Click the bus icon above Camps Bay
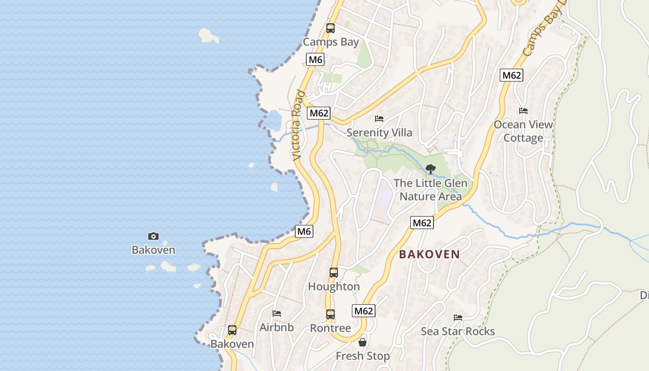coord(330,28)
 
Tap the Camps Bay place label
coord(331,42)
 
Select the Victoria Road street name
coord(298,126)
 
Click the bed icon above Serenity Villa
coord(379,119)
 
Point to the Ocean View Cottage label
coord(523,131)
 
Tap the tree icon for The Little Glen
coord(430,169)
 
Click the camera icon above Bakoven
coord(153,237)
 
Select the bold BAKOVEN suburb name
coord(429,255)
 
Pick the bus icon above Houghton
coord(333,273)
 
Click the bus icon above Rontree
coord(330,314)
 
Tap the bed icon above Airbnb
coord(276,313)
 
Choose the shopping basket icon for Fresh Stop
coord(362,343)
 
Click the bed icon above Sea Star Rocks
coord(458,318)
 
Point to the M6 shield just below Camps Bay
coord(315,59)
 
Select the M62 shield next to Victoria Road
coord(319,113)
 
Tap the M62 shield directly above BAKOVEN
coord(422,223)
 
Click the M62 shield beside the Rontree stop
coord(363,311)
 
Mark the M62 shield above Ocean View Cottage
coord(511,75)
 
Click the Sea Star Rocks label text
coord(458,332)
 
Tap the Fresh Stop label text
coord(363,356)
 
